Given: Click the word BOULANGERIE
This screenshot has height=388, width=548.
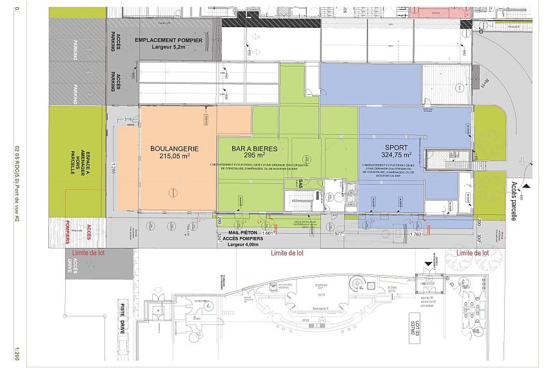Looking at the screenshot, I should (174, 148).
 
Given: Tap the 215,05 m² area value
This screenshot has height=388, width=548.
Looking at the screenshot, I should (174, 156).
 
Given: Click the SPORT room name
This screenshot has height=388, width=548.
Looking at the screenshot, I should (391, 147).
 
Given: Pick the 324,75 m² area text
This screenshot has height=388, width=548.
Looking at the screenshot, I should (391, 156).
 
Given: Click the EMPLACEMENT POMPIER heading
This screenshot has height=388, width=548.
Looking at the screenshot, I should (168, 40).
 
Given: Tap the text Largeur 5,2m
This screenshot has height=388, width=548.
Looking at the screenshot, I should (168, 47).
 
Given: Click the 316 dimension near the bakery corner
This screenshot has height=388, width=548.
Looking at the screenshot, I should (128, 119).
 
